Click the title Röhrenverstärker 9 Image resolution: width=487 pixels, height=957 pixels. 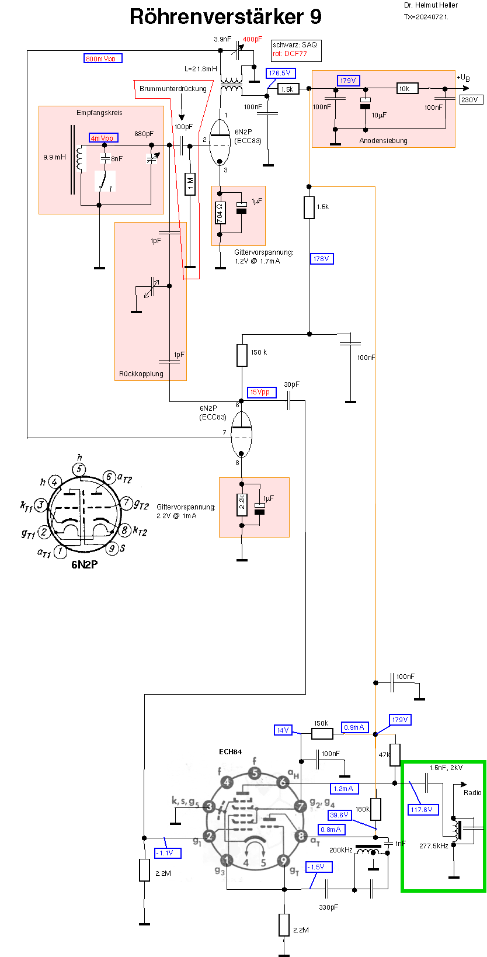tap(225, 16)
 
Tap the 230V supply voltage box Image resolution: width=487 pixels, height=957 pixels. tap(469, 100)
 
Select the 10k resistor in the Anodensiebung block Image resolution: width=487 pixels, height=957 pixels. tap(405, 89)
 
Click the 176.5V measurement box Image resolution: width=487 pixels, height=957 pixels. tap(280, 74)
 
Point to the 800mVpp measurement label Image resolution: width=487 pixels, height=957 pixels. tap(102, 58)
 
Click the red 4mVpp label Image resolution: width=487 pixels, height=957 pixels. tap(103, 138)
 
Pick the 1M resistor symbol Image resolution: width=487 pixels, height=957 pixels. tap(189, 184)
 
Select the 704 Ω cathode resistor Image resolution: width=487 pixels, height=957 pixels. tap(220, 213)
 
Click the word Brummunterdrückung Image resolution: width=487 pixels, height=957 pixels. tap(173, 89)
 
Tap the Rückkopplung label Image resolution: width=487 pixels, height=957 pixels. tap(141, 374)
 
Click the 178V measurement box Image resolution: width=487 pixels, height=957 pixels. tap(321, 259)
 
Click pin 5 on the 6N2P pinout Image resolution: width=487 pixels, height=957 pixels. tap(79, 470)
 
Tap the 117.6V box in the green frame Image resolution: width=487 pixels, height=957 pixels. tap(421, 810)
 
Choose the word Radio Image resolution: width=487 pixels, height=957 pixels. tap(472, 793)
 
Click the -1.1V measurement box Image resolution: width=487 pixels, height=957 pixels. tap(167, 853)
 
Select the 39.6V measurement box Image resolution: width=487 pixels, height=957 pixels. tap(339, 815)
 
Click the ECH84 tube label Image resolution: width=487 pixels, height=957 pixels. tap(230, 752)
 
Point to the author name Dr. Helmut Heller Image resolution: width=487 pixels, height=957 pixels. tap(431, 5)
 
